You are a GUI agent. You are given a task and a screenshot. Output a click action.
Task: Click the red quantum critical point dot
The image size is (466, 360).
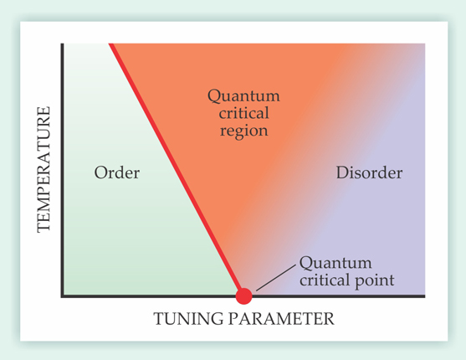click(243, 296)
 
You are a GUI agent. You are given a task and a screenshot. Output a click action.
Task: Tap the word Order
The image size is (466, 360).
click(117, 172)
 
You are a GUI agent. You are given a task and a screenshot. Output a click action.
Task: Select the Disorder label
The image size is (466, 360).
click(369, 172)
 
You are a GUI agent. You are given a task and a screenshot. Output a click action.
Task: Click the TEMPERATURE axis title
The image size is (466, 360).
click(44, 169)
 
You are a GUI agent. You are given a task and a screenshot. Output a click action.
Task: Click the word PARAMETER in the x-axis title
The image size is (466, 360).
click(281, 319)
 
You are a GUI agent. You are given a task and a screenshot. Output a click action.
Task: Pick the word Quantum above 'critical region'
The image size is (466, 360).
click(243, 96)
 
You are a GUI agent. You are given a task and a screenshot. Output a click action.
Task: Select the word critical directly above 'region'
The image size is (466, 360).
click(243, 113)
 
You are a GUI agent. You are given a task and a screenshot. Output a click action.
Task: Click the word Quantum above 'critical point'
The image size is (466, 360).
click(335, 264)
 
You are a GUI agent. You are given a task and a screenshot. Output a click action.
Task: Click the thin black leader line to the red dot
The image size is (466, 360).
click(276, 277)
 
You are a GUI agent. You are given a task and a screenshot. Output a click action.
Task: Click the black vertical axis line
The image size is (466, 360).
click(63, 170)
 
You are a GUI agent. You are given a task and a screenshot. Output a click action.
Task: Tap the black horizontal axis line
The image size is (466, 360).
click(243, 296)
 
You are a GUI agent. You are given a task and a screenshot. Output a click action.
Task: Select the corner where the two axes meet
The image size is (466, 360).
click(63, 296)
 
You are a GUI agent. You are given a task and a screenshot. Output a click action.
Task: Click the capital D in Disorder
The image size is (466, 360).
click(342, 172)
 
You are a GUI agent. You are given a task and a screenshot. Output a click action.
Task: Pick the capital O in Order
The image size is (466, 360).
click(100, 172)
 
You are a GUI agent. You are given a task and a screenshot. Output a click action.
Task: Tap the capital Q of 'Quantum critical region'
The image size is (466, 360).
click(214, 96)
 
